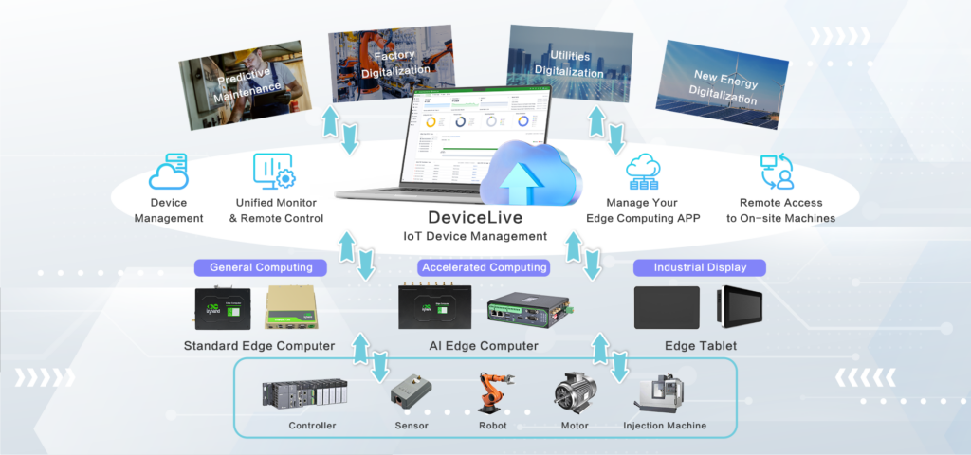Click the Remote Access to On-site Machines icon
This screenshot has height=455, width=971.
pos(777,172)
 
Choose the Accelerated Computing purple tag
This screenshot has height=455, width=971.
pos(484,267)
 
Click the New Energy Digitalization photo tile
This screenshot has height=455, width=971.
pos(726,88)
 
